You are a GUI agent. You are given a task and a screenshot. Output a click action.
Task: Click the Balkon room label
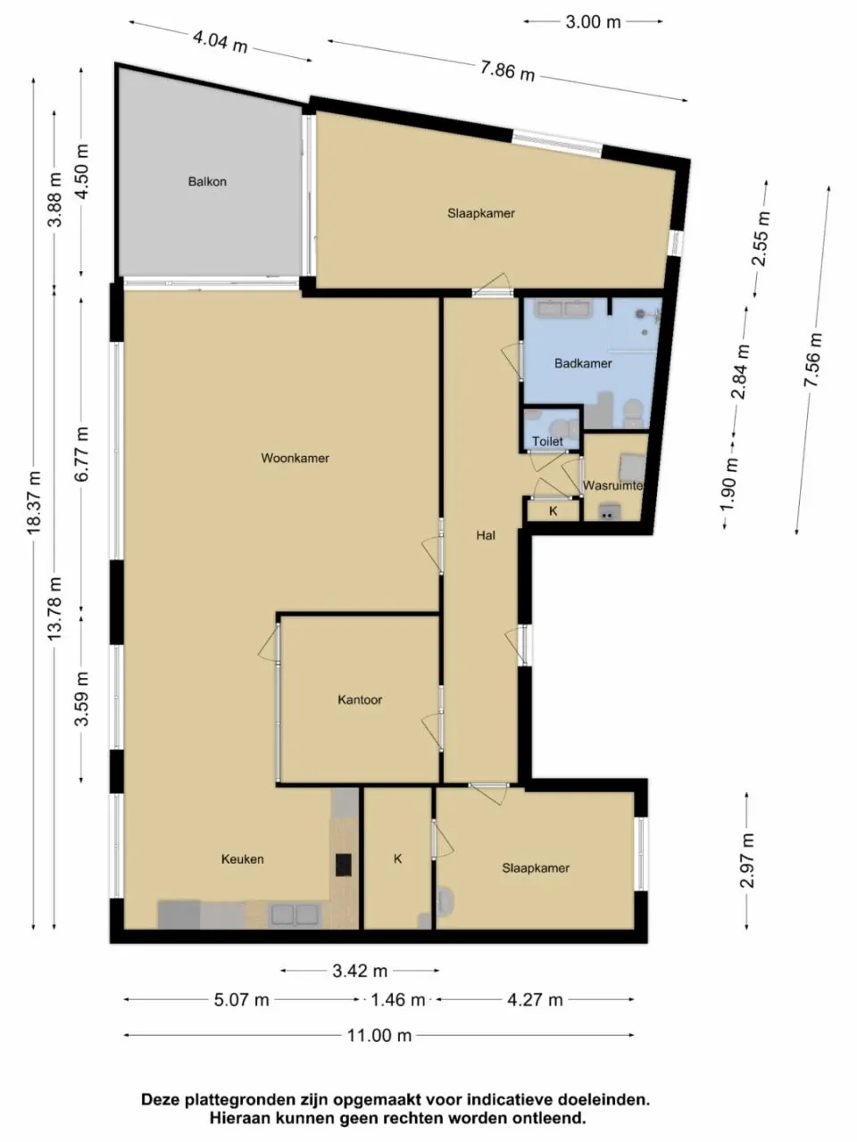point(207,181)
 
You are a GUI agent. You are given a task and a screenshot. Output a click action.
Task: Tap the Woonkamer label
point(295,458)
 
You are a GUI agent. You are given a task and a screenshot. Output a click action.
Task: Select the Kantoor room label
point(360,699)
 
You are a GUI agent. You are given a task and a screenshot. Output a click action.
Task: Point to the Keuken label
point(243,858)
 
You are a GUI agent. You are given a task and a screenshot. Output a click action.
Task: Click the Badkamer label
point(583,363)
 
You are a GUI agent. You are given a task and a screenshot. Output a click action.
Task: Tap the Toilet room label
point(547,441)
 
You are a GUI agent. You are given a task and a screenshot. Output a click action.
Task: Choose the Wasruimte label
point(612,485)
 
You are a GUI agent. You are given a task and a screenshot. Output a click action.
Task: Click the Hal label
point(486,535)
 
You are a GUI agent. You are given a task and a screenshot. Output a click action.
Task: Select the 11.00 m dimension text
point(379,1035)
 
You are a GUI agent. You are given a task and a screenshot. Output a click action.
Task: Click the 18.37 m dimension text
point(34,502)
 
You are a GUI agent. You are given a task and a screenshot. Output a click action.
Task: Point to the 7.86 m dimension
point(507,70)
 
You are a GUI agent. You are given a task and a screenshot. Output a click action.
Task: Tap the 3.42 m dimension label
point(360,971)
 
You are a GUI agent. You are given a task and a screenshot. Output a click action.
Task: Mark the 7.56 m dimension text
point(812,360)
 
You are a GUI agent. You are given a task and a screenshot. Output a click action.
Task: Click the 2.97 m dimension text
point(747,860)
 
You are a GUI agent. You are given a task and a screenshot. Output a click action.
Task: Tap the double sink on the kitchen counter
point(295,914)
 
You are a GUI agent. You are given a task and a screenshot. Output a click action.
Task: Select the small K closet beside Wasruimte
point(553,511)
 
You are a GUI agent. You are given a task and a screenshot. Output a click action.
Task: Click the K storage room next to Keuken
point(398,858)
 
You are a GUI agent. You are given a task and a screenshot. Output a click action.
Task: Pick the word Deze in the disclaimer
point(161,1100)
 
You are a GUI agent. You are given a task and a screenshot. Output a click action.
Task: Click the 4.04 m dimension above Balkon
point(220,40)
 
